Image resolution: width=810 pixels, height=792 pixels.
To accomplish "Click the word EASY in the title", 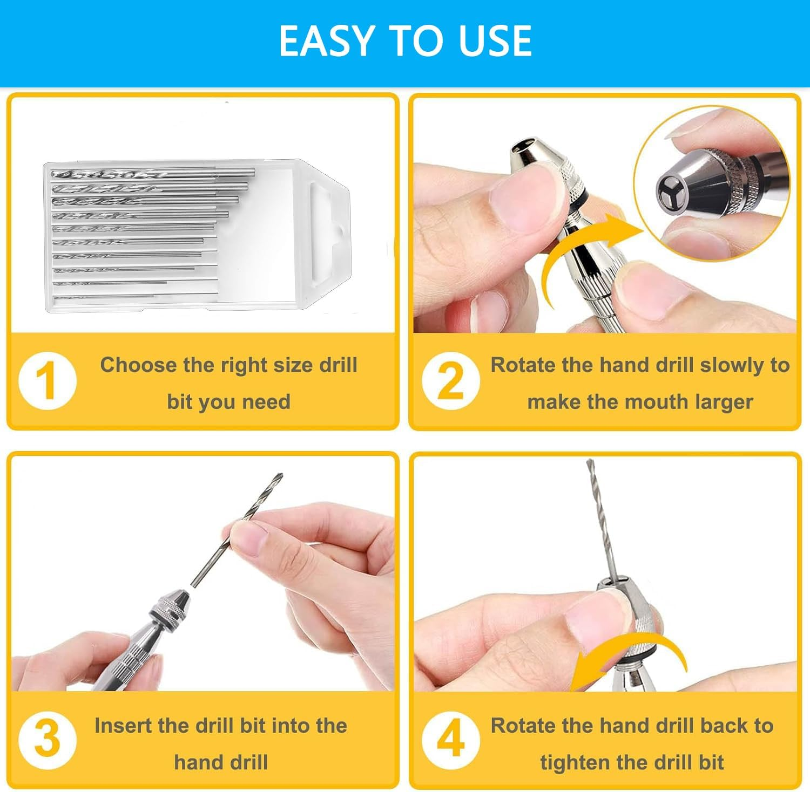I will click(x=327, y=41).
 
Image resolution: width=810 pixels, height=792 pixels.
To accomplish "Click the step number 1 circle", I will click(x=48, y=381).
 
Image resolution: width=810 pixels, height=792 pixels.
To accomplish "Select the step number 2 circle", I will click(x=450, y=381).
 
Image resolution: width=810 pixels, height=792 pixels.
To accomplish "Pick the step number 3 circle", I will click(x=48, y=739).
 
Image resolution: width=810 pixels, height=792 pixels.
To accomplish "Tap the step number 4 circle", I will click(x=450, y=739).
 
